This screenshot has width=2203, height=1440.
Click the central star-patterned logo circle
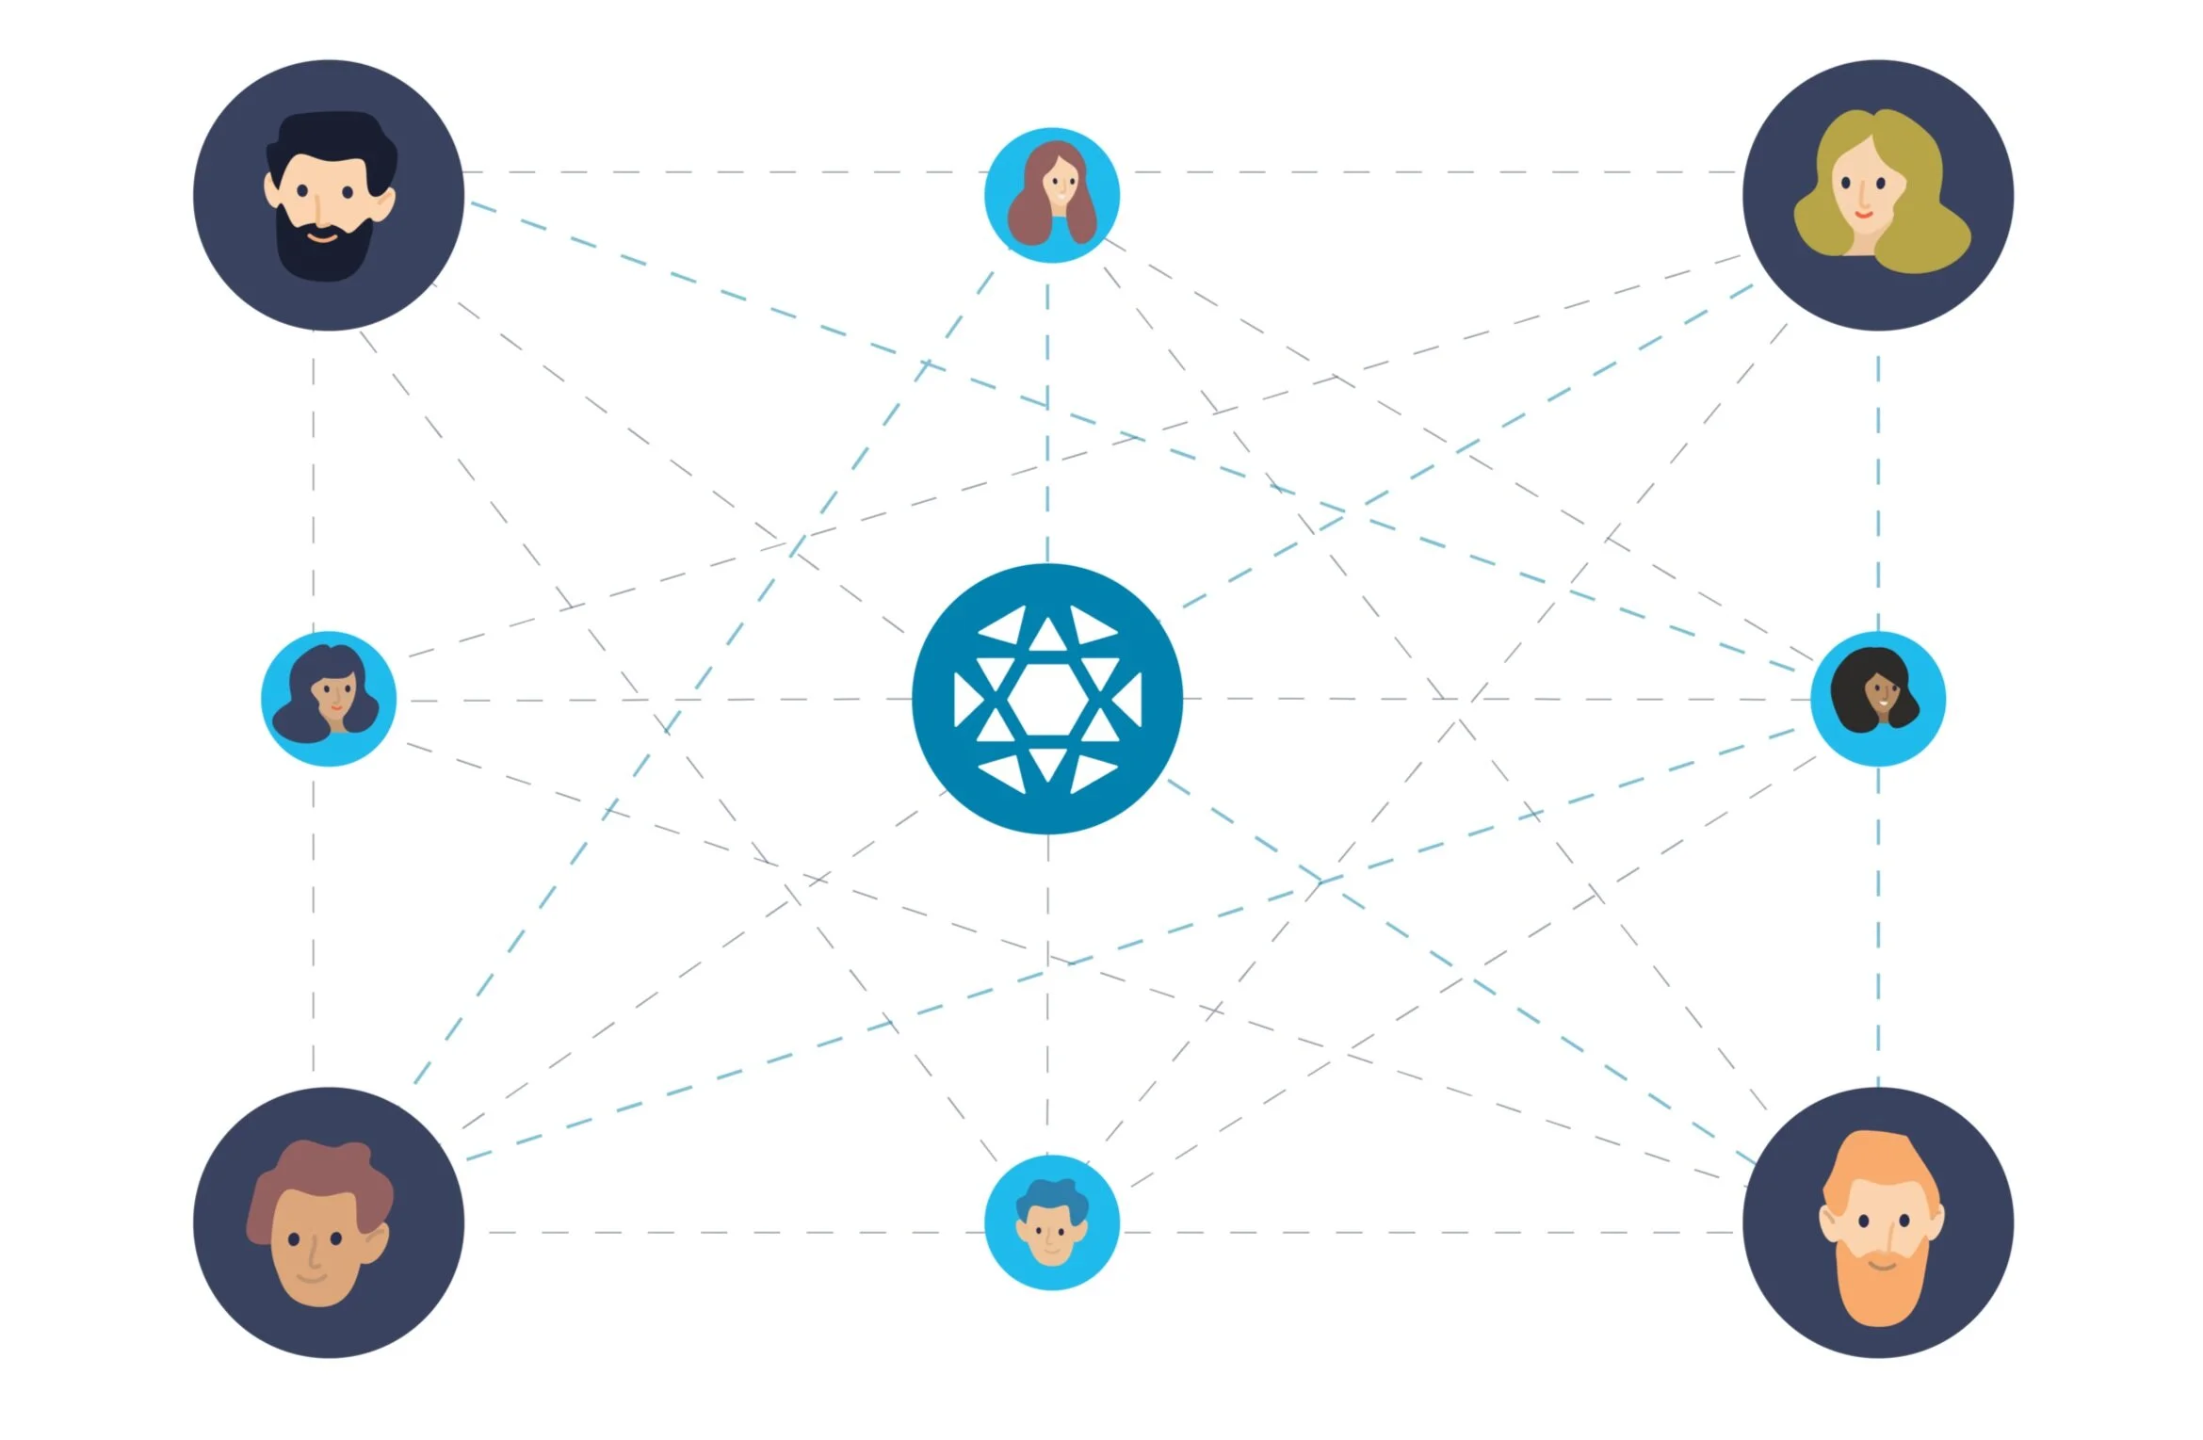click(1046, 699)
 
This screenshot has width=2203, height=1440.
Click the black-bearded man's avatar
click(328, 195)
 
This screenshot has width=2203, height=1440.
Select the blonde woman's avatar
click(1877, 195)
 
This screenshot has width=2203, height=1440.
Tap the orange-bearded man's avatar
click(1877, 1222)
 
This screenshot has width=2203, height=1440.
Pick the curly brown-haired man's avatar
click(328, 1222)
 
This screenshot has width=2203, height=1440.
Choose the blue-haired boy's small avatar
click(1051, 1222)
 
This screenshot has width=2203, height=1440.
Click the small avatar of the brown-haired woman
click(1051, 195)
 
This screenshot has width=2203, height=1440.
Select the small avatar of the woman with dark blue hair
click(328, 699)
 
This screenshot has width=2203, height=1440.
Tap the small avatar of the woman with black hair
click(1877, 699)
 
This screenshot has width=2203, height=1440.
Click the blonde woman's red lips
click(1864, 215)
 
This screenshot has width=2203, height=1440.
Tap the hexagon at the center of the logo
click(1046, 699)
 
